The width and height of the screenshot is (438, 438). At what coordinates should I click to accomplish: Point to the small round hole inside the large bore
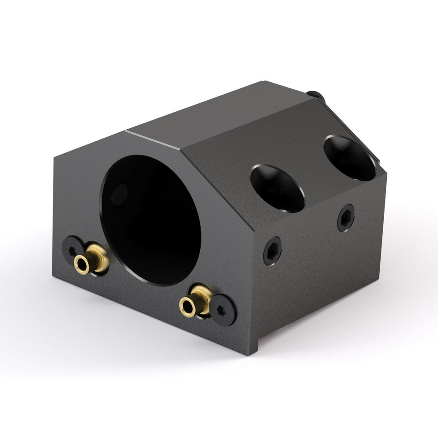click(x=119, y=194)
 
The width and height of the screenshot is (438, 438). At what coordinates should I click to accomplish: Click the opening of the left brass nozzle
click(x=82, y=264)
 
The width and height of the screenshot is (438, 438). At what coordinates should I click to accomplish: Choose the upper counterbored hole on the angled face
click(x=350, y=158)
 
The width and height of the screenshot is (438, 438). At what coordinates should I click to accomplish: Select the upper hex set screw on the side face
click(x=346, y=218)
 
